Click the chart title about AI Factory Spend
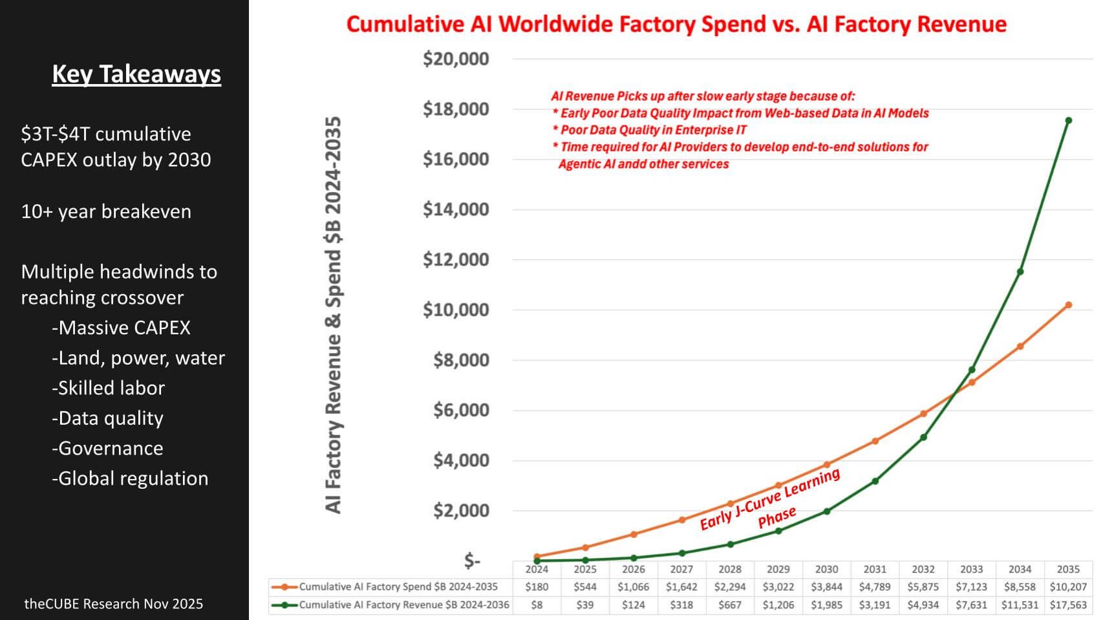pos(676,25)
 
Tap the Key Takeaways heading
pos(136,74)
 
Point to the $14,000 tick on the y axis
pos(456,209)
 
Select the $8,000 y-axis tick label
pos(461,359)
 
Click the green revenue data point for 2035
pos(1068,120)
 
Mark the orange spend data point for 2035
pos(1068,305)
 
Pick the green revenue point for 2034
pos(1020,272)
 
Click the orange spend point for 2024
pos(537,556)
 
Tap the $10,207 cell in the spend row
pos(1068,587)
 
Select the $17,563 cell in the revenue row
pos(1068,605)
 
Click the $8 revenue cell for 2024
pos(537,605)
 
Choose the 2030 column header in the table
pos(826,570)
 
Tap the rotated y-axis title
pos(333,315)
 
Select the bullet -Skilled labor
pos(108,388)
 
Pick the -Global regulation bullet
pos(130,478)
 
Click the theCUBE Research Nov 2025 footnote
pos(114,604)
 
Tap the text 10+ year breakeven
pos(106,211)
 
